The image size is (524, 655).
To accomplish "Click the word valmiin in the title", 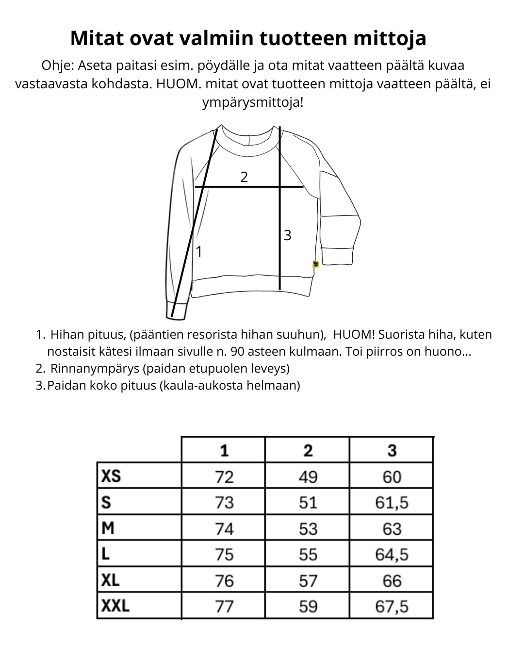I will click(x=213, y=38).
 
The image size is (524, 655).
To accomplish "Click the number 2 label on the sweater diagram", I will click(x=244, y=177).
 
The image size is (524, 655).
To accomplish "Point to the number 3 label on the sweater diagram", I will click(x=287, y=235).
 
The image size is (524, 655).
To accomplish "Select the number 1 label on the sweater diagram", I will click(x=198, y=252).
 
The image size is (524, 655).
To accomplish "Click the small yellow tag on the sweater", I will click(x=316, y=264).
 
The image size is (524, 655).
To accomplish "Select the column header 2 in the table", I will click(x=308, y=450).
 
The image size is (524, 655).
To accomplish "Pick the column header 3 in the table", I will click(x=392, y=450).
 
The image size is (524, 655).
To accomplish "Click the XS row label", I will click(x=111, y=476).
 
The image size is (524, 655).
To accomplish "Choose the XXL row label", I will click(x=115, y=606).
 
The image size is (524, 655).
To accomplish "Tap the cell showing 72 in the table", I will click(x=224, y=476).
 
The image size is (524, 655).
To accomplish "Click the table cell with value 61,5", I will click(x=392, y=502).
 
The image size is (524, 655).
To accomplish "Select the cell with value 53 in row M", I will click(x=308, y=528).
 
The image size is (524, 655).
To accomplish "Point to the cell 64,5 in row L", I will click(x=392, y=554).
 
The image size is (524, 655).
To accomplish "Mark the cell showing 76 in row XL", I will click(x=224, y=580).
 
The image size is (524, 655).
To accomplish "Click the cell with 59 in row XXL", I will click(x=308, y=606).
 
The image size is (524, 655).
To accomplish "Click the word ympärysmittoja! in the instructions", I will click(x=253, y=103).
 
